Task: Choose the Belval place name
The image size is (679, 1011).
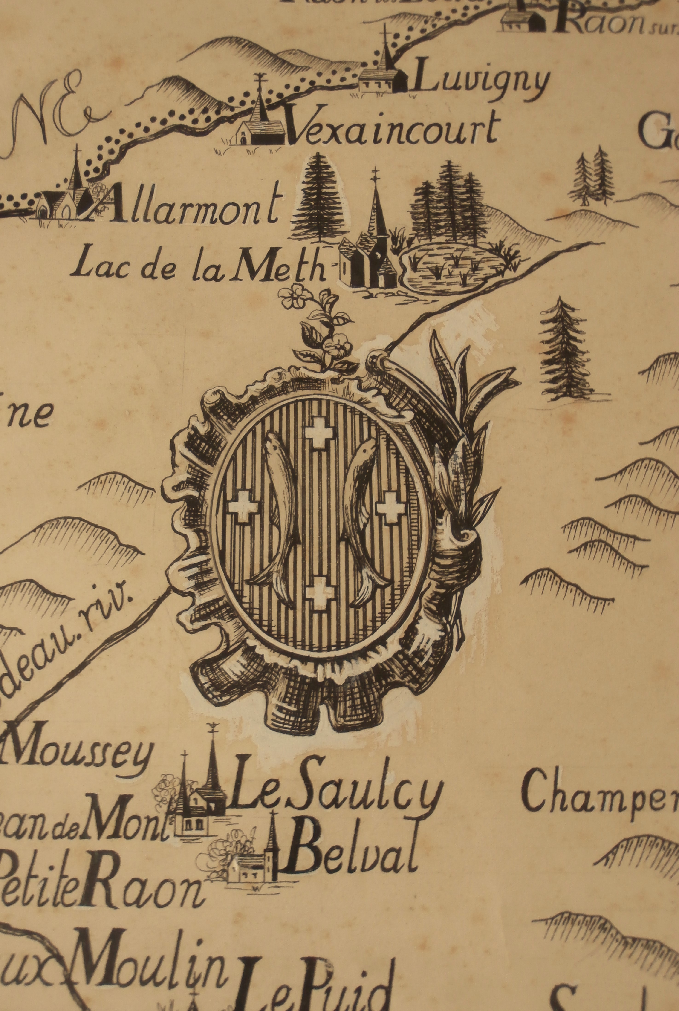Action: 351,838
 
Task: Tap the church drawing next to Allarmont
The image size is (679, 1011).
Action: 65,197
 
